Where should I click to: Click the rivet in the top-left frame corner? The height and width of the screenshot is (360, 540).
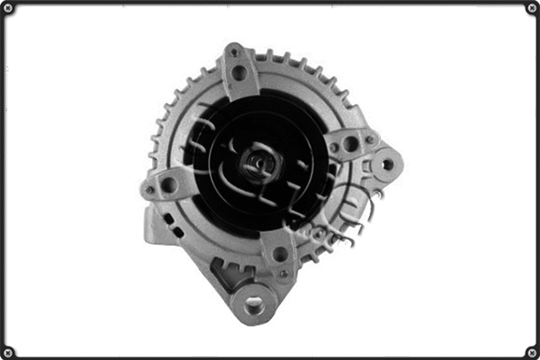(8, 8)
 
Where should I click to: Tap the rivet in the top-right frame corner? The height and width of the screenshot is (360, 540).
(532, 8)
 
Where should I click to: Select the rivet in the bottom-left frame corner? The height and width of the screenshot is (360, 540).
(8, 352)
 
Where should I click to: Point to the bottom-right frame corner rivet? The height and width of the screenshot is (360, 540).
(532, 352)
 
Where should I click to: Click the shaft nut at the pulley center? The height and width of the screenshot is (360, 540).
(258, 163)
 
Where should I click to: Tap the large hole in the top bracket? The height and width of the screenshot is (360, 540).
(238, 73)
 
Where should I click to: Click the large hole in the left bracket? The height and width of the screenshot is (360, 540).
(168, 184)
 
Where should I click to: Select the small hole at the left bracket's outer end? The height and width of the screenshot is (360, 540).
(149, 190)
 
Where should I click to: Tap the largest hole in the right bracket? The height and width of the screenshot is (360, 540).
(350, 144)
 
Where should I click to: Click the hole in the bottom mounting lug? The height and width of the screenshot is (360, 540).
(255, 304)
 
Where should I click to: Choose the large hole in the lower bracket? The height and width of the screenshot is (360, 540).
(280, 255)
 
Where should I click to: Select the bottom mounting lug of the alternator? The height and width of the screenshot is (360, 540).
(253, 302)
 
